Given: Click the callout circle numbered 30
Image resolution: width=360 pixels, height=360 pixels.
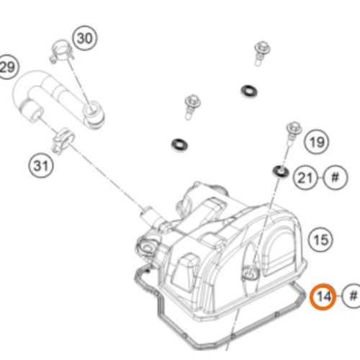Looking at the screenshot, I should pos(84,38).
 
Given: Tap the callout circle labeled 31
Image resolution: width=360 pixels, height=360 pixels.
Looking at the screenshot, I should pos(42,166).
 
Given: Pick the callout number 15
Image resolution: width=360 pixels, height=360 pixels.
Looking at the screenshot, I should pos(320,237).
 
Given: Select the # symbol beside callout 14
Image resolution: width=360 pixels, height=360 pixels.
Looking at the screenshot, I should pos(352,295).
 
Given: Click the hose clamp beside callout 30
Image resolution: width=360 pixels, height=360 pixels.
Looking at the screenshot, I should pos(60,52).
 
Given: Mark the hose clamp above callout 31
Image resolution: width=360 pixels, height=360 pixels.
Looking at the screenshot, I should pos(63,135).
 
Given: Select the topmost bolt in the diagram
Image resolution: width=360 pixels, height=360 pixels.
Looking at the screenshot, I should pos(261,52).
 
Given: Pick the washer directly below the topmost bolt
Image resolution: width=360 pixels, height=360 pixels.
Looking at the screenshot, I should pos(251,90).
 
